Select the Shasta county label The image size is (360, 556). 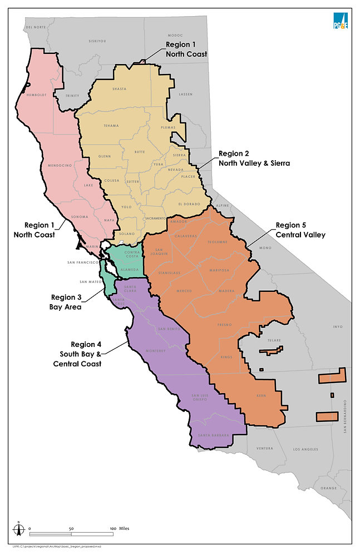tap(119, 89)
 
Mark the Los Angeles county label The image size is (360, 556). tap(304, 449)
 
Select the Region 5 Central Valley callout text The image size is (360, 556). tap(300, 230)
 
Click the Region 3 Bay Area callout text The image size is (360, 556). tap(70, 301)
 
